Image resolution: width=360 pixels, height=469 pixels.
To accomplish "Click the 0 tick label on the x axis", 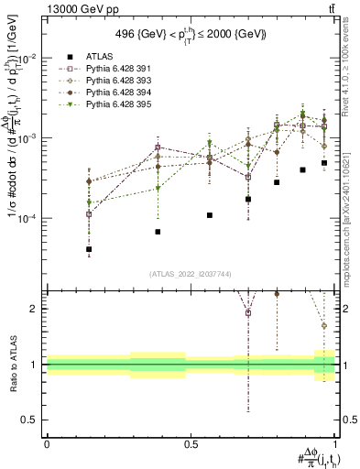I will pyautogui.click(x=47, y=444).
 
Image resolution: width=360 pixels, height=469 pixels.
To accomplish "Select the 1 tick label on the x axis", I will pyautogui.click(x=333, y=444).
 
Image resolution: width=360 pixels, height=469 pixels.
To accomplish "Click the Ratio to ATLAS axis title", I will pyautogui.click(x=12, y=364).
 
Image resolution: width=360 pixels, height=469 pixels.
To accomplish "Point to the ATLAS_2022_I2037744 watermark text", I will pyautogui.click(x=191, y=274).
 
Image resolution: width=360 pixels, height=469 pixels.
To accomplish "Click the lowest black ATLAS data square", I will pyautogui.click(x=63, y=249).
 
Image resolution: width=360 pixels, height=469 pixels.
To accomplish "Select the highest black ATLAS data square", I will pyautogui.click(x=324, y=163).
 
